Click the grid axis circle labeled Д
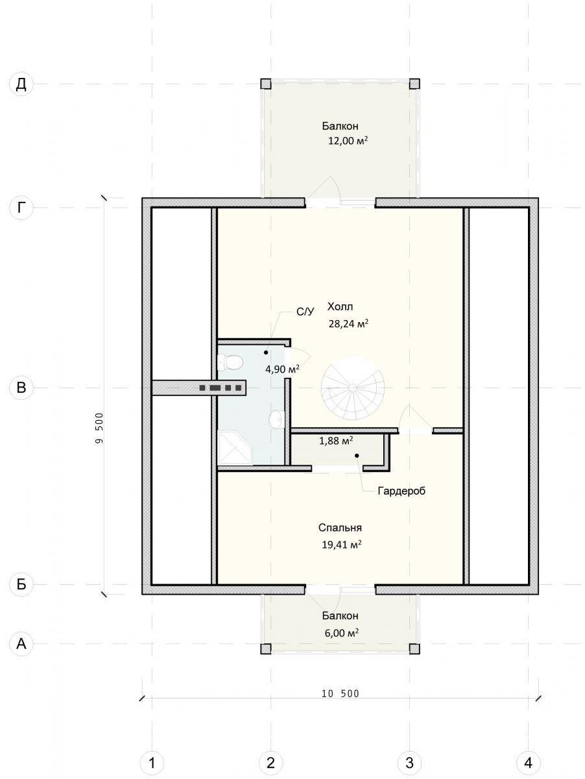21,84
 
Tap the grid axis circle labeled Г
21,208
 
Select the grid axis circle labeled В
21,388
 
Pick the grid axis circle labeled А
21,643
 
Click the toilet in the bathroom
230,363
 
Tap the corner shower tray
235,447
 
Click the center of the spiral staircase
353,388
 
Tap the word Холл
340,306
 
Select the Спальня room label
340,538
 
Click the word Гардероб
401,491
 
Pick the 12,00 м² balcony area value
348,141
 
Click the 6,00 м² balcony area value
341,633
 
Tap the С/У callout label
305,312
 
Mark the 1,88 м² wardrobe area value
336,441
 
